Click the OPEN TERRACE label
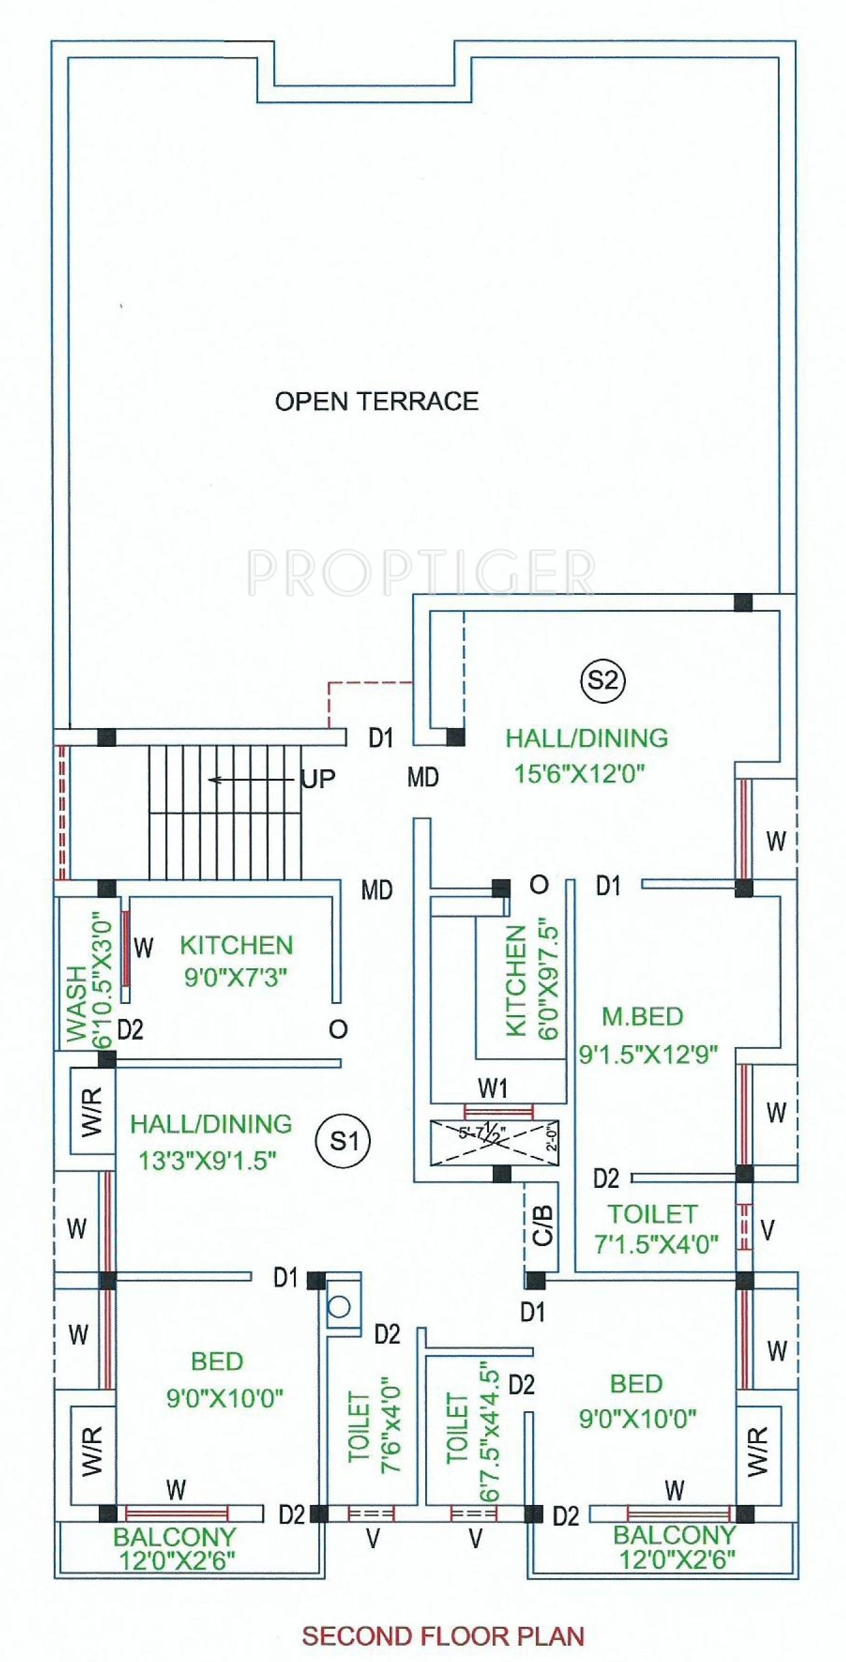[376, 402]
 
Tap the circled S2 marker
[603, 681]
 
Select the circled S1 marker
[343, 1142]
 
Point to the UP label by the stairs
[318, 779]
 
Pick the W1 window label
[493, 1089]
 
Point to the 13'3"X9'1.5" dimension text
[208, 1162]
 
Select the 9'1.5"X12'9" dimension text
[648, 1055]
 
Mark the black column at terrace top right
[743, 602]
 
